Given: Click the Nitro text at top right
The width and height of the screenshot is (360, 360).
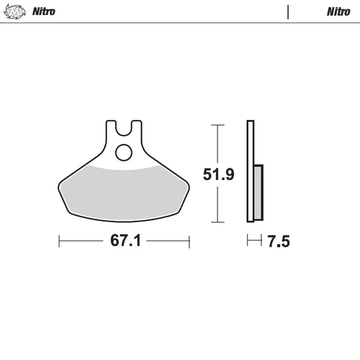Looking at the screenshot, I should [x=338, y=12].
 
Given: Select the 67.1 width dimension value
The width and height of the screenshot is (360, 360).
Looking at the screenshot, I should [x=125, y=241].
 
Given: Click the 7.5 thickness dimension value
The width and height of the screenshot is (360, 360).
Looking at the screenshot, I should [x=278, y=242].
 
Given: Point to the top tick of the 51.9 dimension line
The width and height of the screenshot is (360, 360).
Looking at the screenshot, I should [x=214, y=125].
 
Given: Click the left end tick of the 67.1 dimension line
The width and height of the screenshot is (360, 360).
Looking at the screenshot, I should [x=59, y=241].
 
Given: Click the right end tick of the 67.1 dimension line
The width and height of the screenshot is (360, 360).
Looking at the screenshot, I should [x=189, y=241].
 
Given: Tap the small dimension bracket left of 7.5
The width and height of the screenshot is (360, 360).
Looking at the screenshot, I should [x=253, y=241].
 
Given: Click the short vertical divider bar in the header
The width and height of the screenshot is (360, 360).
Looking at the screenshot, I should [x=288, y=12].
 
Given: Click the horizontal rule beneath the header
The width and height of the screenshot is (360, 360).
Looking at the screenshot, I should [x=180, y=23].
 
